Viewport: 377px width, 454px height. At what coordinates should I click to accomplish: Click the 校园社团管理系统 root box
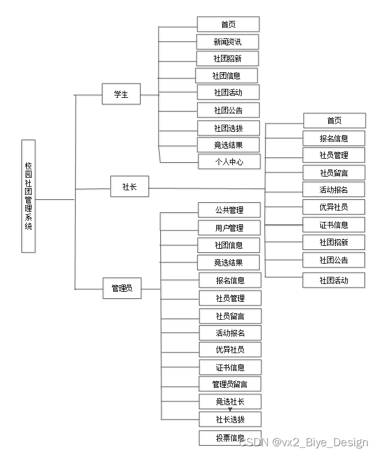[x=29, y=196]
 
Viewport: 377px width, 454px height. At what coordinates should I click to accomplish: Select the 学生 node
[x=121, y=94]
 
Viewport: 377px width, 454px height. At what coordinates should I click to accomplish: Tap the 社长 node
[x=129, y=187]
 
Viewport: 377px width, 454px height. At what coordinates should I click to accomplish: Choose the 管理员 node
[x=121, y=288]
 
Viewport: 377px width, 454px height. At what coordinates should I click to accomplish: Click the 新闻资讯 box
[x=228, y=42]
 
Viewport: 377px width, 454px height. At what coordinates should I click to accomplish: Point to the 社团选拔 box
[x=229, y=128]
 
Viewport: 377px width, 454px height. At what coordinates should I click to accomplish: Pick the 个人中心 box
[x=229, y=162]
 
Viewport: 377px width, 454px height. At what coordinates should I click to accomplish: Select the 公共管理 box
[x=229, y=210]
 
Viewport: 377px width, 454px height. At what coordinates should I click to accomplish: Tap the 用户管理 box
[x=229, y=227]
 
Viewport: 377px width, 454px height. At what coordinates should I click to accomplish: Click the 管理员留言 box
[x=230, y=384]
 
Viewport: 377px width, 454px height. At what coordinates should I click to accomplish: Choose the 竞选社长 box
[x=230, y=401]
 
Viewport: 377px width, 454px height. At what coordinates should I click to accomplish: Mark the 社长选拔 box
[x=230, y=419]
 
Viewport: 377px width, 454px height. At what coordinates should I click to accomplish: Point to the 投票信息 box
[x=230, y=438]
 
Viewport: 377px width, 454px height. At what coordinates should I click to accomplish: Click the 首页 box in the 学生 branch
[x=228, y=24]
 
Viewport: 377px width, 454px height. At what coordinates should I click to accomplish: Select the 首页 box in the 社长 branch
[x=334, y=121]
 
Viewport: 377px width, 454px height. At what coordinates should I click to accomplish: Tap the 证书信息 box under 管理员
[x=230, y=367]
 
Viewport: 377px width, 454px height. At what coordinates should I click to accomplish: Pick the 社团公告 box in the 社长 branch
[x=334, y=260]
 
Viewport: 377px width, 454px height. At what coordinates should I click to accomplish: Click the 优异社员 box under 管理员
[x=230, y=350]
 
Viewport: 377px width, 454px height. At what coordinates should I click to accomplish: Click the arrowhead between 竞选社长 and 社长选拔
[x=230, y=410]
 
